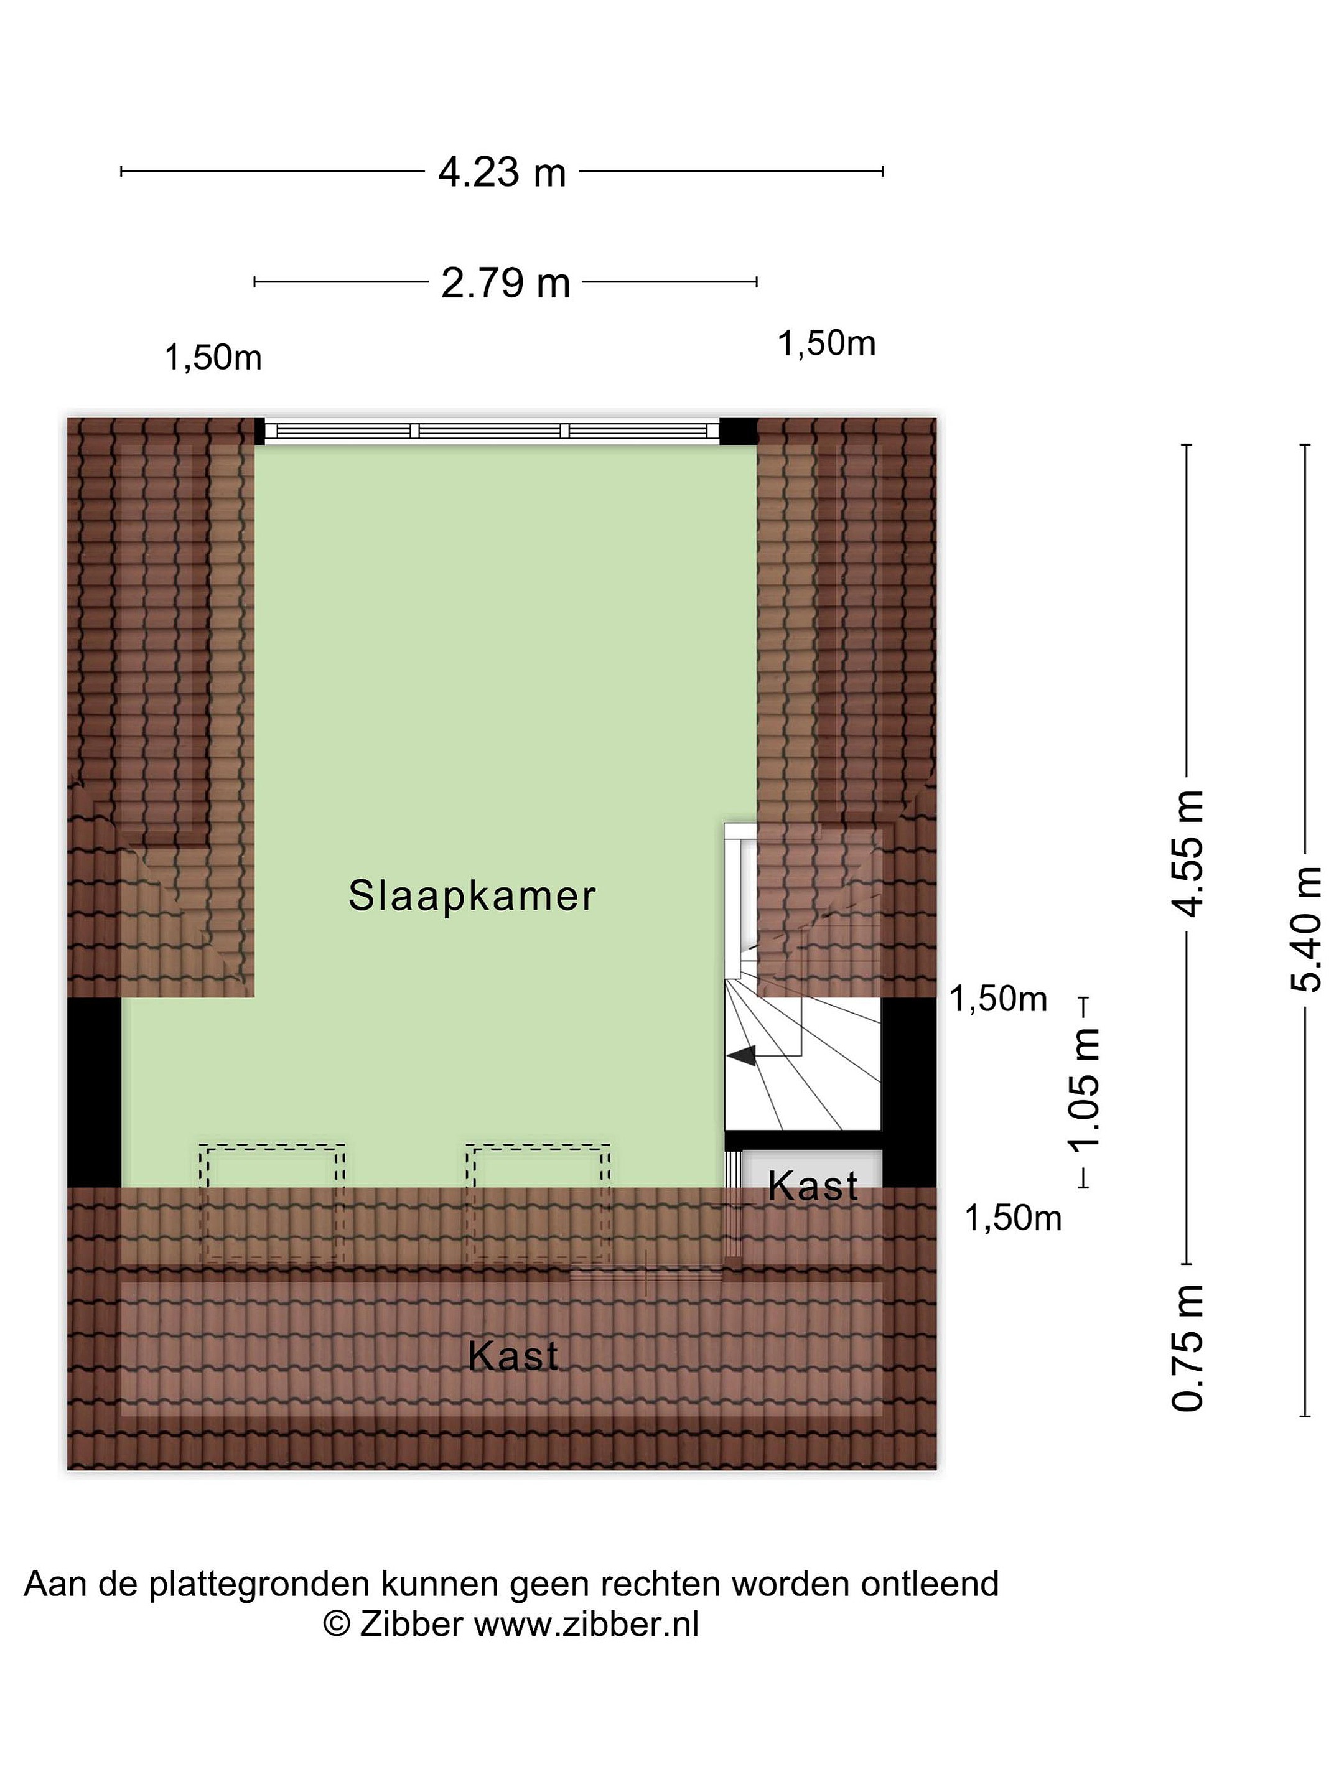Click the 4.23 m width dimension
point(502,172)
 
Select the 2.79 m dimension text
point(505,282)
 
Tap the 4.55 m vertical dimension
point(1188,852)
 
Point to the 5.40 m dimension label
point(1305,928)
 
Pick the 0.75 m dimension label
point(1188,1348)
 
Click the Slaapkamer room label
point(472,896)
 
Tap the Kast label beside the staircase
point(813,1187)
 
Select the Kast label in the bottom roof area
point(513,1355)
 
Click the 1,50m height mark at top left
point(213,357)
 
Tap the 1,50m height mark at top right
point(826,343)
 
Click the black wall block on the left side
point(94,1092)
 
